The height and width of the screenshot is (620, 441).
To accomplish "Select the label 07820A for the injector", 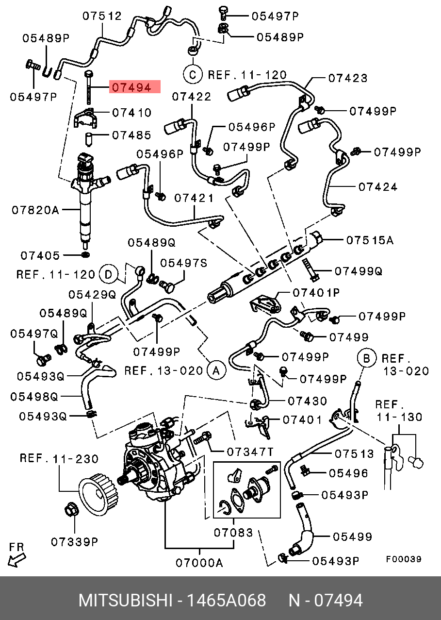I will pyautogui.click(x=35, y=210).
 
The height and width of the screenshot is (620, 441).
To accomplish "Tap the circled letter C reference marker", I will pyautogui.click(x=192, y=74).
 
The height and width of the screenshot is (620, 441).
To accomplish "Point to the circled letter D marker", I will pyautogui.click(x=109, y=275).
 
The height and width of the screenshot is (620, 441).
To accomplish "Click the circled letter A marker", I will pyautogui.click(x=216, y=371).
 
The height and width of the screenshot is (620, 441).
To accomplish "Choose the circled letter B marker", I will pyautogui.click(x=367, y=358).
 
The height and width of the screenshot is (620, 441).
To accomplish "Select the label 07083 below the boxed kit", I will pyautogui.click(x=233, y=533).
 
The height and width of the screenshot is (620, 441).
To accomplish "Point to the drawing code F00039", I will pyautogui.click(x=403, y=559).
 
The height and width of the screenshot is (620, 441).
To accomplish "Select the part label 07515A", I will pyautogui.click(x=370, y=240).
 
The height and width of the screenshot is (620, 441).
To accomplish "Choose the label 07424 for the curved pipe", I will pyautogui.click(x=378, y=187).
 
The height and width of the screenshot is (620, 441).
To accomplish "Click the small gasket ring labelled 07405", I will pyautogui.click(x=85, y=255).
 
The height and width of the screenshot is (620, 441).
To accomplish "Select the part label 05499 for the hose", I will pyautogui.click(x=352, y=536).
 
